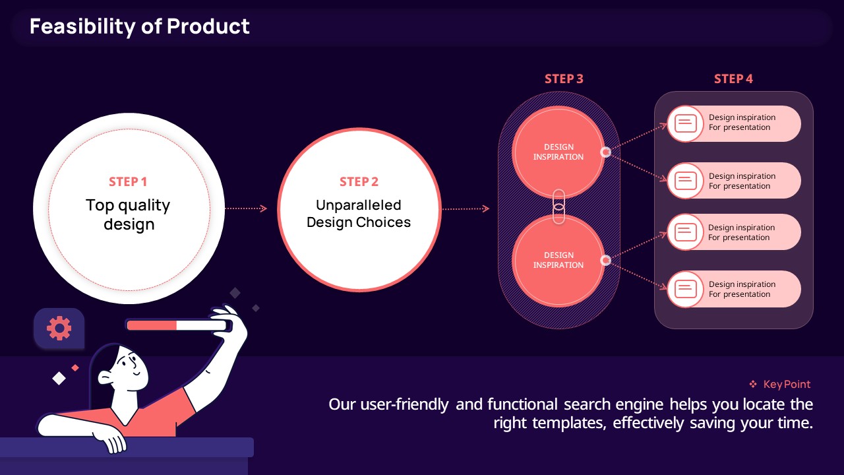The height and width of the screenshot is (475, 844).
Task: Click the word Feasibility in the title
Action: click(x=82, y=27)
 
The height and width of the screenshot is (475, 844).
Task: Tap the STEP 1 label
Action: click(x=128, y=181)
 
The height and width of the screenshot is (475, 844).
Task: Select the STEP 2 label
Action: click(x=359, y=181)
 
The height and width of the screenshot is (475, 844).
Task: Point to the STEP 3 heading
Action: click(x=564, y=79)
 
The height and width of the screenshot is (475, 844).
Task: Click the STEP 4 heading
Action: click(x=733, y=79)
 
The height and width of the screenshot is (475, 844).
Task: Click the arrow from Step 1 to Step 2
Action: click(x=246, y=208)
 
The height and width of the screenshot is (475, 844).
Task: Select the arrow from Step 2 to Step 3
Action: click(x=466, y=208)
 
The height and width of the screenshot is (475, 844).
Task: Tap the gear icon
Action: click(x=59, y=328)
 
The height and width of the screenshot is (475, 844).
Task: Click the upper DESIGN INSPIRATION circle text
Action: click(x=558, y=152)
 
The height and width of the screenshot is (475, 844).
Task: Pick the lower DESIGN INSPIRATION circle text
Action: click(x=558, y=260)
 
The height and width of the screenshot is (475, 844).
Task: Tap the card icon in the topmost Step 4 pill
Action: click(x=685, y=123)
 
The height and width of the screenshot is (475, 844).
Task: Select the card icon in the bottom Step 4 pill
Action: click(x=685, y=289)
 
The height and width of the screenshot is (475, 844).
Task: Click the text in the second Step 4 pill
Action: click(x=742, y=181)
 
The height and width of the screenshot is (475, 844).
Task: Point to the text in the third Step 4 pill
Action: click(x=741, y=232)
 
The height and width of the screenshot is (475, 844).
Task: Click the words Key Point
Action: click(x=787, y=384)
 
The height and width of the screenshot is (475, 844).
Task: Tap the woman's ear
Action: click(x=105, y=378)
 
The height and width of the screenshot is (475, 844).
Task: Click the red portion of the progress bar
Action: click(x=152, y=325)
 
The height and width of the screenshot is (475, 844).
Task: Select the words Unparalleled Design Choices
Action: click(x=359, y=214)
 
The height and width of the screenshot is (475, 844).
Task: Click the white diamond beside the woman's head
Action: click(x=59, y=379)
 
